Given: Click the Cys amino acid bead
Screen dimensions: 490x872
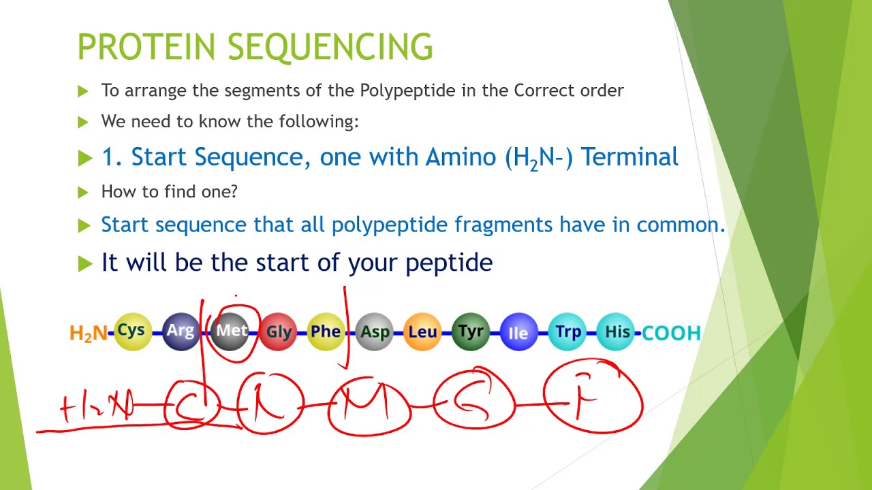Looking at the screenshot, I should (x=131, y=331).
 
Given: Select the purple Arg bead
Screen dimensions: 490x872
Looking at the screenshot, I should (x=181, y=331).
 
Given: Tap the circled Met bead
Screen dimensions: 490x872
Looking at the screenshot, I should (x=231, y=331).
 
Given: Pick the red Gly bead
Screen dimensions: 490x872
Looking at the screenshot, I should (x=279, y=332).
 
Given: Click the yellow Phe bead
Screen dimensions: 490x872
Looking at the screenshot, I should (x=326, y=332).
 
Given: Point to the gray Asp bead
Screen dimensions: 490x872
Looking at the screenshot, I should (x=375, y=332).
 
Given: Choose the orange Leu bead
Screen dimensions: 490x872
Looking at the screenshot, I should (x=422, y=332).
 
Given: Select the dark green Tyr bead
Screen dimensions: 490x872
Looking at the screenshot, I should (x=471, y=332).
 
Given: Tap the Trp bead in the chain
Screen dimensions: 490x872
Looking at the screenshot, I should (x=568, y=332).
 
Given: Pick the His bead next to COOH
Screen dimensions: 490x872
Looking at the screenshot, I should (x=617, y=332).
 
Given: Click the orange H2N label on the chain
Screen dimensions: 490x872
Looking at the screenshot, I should (x=89, y=333).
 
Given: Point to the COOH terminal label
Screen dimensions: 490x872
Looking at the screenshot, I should (x=672, y=333).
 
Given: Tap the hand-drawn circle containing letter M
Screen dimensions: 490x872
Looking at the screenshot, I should (x=369, y=406).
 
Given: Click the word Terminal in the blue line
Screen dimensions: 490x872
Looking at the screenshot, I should (x=629, y=157).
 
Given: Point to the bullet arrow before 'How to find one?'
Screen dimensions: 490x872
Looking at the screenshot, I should (x=83, y=193).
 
